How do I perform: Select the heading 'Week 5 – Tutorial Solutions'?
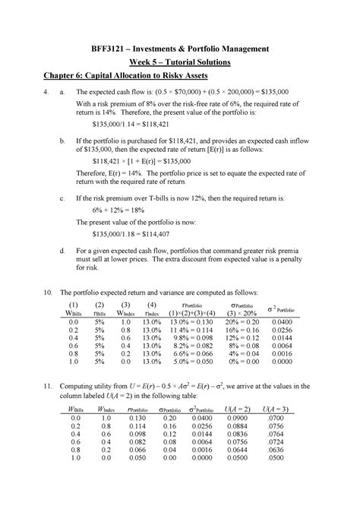pyautogui.click(x=180, y=63)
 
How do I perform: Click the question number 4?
pyautogui.click(x=48, y=100)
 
